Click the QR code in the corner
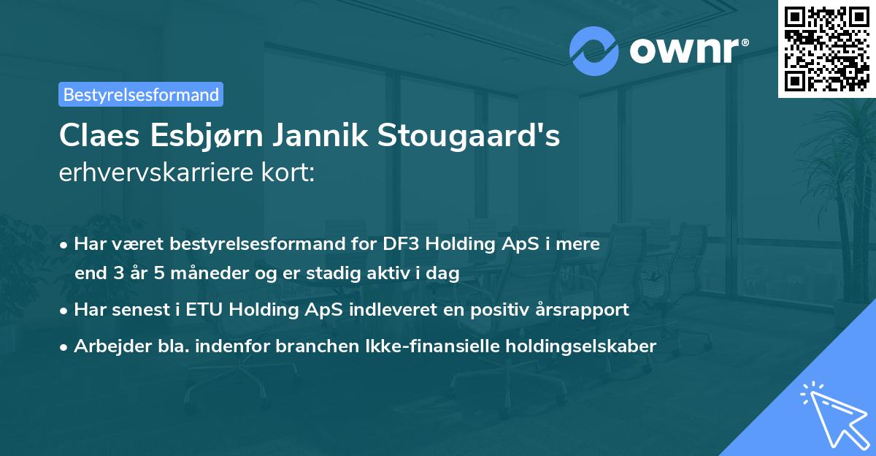coord(826,49)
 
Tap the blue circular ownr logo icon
coord(593,51)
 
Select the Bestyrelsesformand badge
coord(141,94)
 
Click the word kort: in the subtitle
coord(288,172)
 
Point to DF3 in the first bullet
coord(400,244)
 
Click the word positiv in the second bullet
coord(493,309)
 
